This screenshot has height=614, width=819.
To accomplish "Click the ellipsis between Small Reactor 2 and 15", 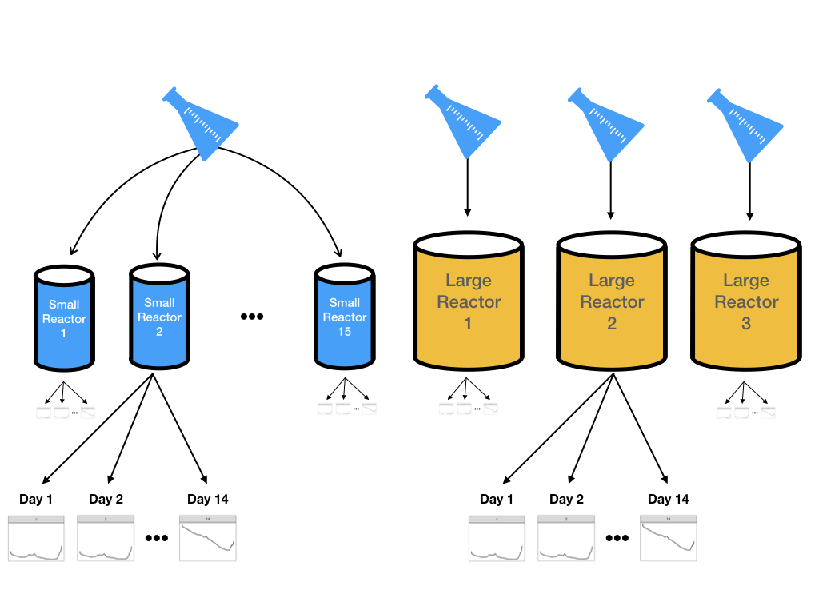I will [252, 317].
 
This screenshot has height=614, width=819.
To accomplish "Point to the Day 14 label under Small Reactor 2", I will [208, 500].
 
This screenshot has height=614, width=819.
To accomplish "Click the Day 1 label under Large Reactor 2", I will [497, 500].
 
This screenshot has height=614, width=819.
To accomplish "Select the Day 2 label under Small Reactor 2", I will [106, 500].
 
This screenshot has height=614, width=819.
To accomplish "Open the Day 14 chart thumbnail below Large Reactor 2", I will [669, 538].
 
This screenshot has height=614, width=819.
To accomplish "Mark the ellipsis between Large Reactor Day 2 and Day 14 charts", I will [617, 538].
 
